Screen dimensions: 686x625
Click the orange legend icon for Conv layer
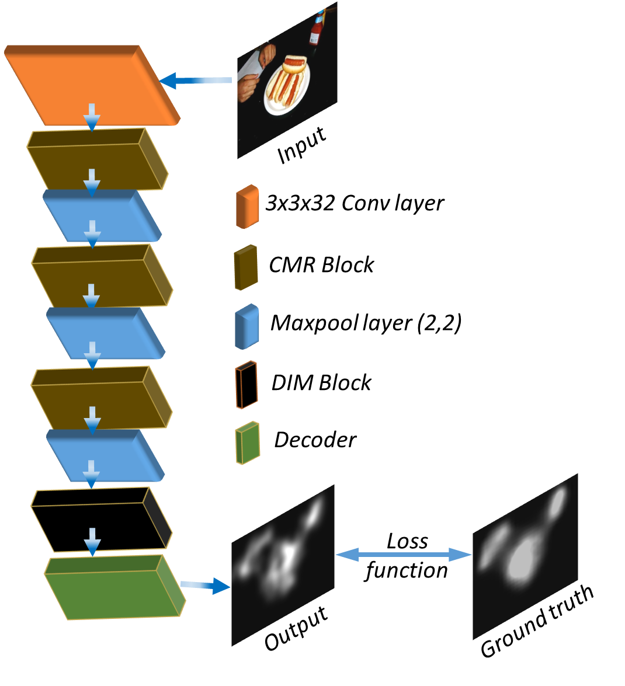(x=247, y=206)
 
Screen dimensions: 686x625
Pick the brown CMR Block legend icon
(x=246, y=267)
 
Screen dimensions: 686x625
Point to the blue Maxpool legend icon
(x=246, y=326)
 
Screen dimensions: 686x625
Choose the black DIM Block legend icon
(x=246, y=385)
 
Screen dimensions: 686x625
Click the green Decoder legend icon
(x=248, y=443)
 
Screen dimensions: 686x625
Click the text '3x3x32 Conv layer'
(x=355, y=203)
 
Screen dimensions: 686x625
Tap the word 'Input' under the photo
(x=301, y=146)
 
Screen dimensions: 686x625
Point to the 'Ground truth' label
(x=536, y=622)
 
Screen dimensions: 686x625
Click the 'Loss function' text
(x=407, y=556)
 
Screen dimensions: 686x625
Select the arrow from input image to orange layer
(x=196, y=81)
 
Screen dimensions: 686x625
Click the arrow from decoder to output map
(x=205, y=585)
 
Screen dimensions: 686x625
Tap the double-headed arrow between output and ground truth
(x=404, y=554)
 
